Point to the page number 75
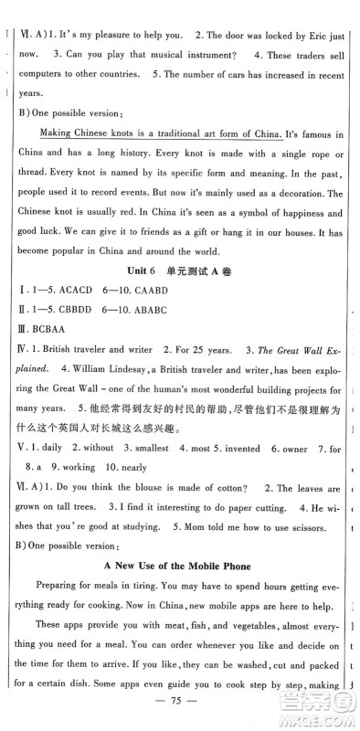pos(180,706)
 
